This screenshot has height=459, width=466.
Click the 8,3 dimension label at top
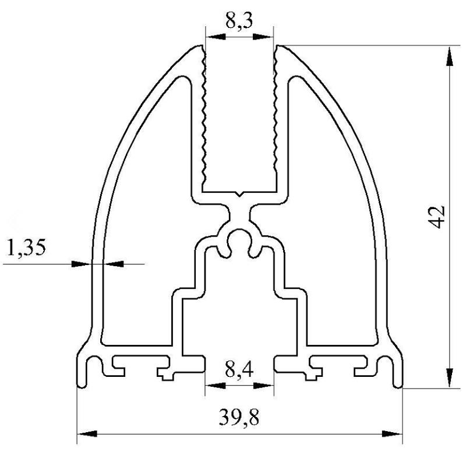point(239,21)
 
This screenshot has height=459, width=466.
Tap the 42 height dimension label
point(437,217)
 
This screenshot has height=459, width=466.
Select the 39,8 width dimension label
point(239,418)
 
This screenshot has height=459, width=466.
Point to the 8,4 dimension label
point(239,370)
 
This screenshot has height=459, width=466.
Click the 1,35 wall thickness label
point(26,248)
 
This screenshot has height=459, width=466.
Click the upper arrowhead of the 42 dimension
point(450,57)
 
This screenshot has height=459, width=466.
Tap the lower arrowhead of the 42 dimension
point(450,377)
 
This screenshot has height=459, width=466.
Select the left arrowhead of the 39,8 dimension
point(87,434)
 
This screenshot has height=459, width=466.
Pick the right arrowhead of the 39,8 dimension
point(392,434)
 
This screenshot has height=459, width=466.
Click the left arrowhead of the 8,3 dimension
point(216,37)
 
